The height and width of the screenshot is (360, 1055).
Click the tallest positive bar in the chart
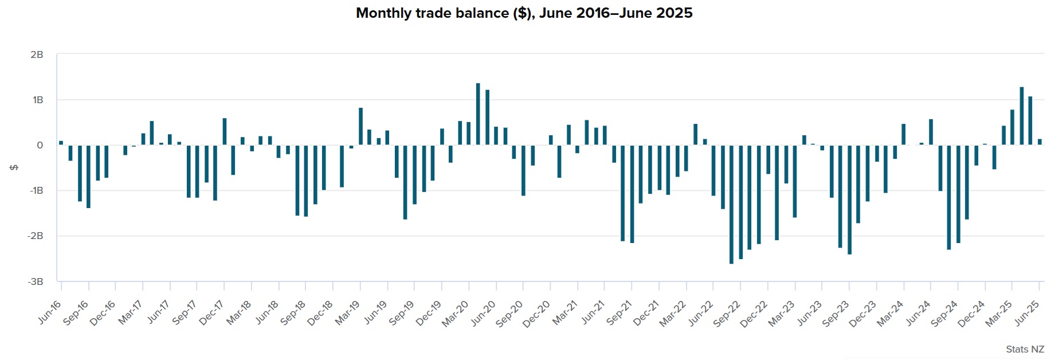(478, 114)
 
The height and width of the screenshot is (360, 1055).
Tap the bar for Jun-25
(1040, 142)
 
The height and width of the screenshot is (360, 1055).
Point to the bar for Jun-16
(61, 143)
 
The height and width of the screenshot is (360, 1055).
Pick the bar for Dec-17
(225, 131)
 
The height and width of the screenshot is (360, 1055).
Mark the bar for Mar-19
(360, 126)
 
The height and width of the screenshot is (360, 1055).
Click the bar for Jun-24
(931, 132)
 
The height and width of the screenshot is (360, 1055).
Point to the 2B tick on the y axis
(37, 54)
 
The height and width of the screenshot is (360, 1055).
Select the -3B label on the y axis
(36, 281)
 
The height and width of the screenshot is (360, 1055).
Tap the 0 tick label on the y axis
(40, 145)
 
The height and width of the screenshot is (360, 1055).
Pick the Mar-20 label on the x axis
(455, 314)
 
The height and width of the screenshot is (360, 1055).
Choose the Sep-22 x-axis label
(727, 314)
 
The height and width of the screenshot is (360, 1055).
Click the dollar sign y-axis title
(14, 167)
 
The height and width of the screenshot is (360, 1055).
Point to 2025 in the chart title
(674, 13)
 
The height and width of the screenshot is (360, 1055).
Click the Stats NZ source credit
(1025, 349)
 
